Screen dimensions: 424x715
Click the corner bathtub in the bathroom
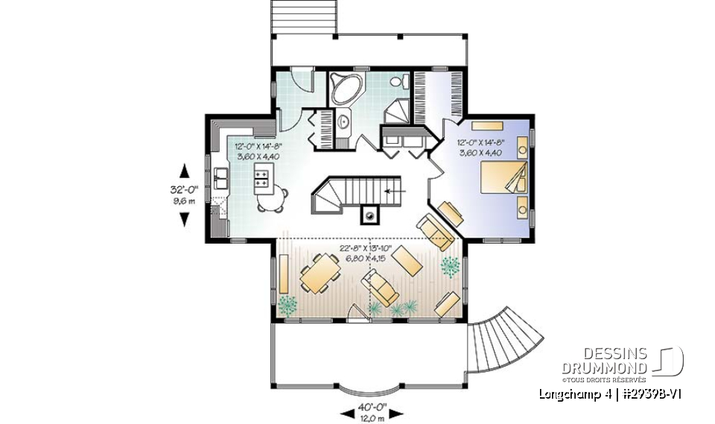tap(346, 89)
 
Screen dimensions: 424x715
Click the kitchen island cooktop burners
tap(262, 178)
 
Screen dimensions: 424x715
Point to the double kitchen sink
tap(222, 179)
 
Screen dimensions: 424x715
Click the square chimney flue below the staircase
tap(369, 215)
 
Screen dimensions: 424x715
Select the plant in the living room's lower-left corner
tap(288, 303)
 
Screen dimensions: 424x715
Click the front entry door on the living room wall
tap(360, 318)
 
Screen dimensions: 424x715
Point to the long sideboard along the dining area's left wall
tap(285, 273)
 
